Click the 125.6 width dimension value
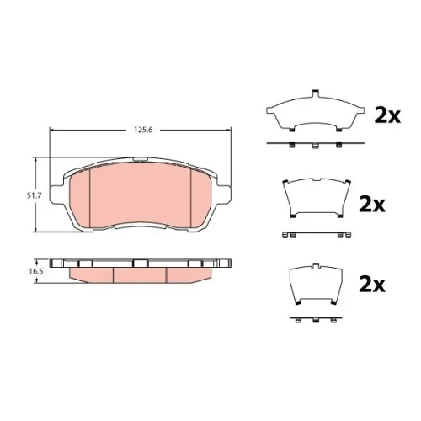(143, 130)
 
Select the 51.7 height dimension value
(34, 195)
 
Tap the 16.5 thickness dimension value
(33, 272)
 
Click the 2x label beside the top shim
(387, 116)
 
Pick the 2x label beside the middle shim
(372, 205)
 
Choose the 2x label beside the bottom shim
(372, 285)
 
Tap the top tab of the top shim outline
(316, 94)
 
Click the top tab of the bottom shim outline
(316, 265)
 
